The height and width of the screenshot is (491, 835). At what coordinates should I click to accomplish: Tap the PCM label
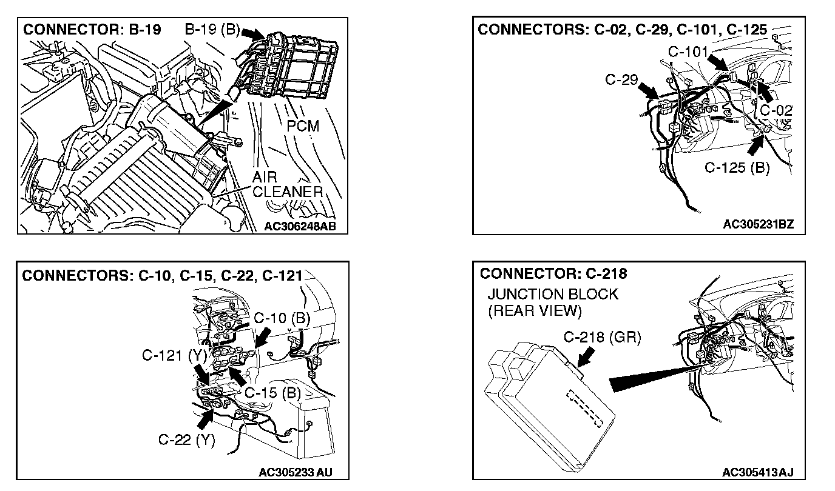pyautogui.click(x=303, y=126)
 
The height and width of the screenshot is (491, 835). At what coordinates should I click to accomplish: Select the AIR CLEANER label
pyautogui.click(x=286, y=185)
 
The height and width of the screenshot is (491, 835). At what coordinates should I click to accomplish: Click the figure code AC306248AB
pyautogui.click(x=300, y=227)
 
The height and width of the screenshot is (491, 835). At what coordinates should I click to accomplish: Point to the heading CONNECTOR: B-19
pyautogui.click(x=92, y=30)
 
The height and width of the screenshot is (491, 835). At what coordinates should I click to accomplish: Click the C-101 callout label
pyautogui.click(x=688, y=52)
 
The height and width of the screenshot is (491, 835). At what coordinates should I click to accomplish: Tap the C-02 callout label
pyautogui.click(x=776, y=110)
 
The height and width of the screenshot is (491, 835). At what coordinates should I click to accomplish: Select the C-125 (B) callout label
pyautogui.click(x=737, y=167)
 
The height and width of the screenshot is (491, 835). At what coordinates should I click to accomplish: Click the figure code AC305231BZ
pyautogui.click(x=758, y=225)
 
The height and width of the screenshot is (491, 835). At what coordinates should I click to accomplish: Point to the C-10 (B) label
pyautogui.click(x=282, y=317)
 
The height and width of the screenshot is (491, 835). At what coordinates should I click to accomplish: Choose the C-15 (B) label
pyautogui.click(x=272, y=392)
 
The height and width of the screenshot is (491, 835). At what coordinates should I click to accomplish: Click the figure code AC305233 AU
pyautogui.click(x=296, y=472)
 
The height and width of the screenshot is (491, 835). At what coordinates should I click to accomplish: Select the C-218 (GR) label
pyautogui.click(x=602, y=338)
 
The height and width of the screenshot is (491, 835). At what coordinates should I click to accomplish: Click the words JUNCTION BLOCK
pyautogui.click(x=552, y=295)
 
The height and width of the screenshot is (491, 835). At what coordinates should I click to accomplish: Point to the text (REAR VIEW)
pyautogui.click(x=535, y=311)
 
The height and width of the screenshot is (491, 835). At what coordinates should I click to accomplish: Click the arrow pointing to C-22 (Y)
pyautogui.click(x=206, y=417)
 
